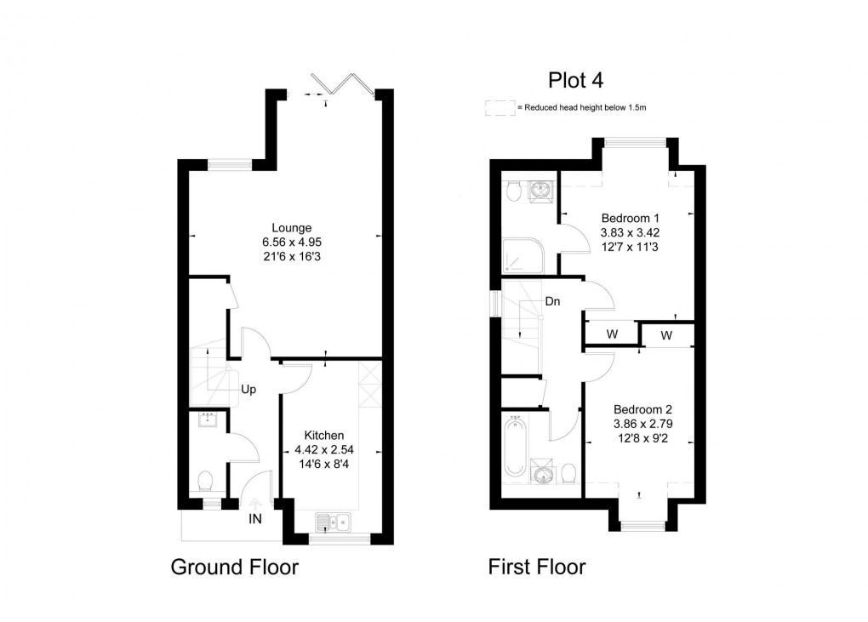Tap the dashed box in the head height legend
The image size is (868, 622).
point(499,108)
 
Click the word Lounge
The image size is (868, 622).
point(291,227)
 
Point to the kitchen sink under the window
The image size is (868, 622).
point(333,521)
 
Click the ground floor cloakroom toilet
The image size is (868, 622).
point(204,483)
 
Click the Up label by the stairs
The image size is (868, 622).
point(248,390)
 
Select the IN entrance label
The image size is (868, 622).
point(254,517)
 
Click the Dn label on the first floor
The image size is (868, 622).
point(551,301)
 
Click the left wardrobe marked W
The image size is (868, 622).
point(611,334)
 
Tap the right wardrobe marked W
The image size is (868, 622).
point(665,335)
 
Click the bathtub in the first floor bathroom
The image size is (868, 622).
point(514,447)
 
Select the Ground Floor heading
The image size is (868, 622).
point(235,567)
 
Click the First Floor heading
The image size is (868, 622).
point(536,567)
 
